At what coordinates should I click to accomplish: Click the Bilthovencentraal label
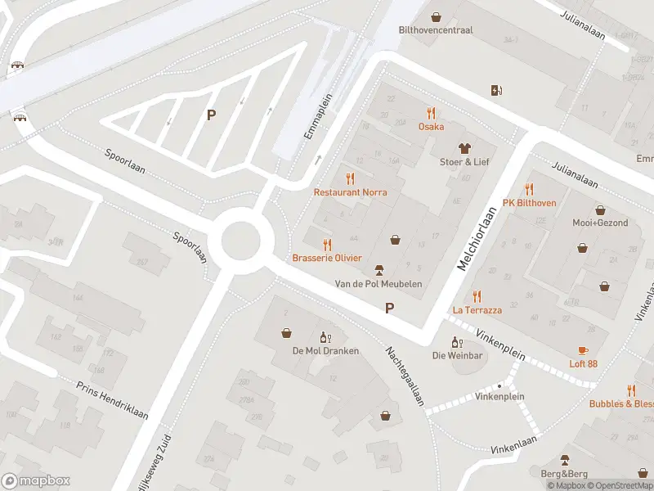(x=436, y=30)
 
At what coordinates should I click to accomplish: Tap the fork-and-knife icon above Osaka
(x=431, y=114)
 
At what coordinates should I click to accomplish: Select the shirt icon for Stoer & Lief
(x=464, y=148)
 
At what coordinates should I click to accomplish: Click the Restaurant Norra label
(x=350, y=192)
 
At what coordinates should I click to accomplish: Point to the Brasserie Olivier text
(x=327, y=258)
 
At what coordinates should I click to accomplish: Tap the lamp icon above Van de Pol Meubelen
(x=379, y=270)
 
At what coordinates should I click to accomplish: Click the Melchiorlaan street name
(x=477, y=239)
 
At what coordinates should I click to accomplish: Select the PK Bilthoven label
(x=529, y=203)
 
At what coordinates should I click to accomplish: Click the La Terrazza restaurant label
(x=477, y=310)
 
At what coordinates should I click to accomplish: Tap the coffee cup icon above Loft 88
(x=583, y=350)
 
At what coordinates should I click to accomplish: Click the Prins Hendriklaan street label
(x=112, y=400)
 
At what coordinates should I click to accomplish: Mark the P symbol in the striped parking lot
(x=211, y=115)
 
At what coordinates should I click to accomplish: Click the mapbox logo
(x=36, y=481)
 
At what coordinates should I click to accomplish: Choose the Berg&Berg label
(x=563, y=473)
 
